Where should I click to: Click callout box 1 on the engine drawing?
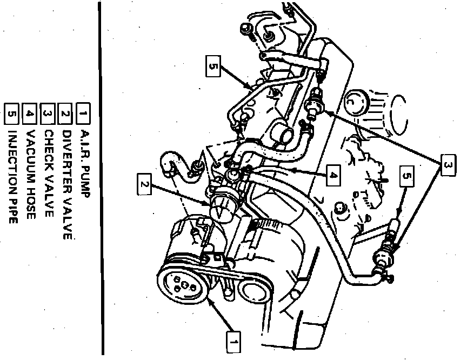[234, 342]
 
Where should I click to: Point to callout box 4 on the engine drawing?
[333, 175]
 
